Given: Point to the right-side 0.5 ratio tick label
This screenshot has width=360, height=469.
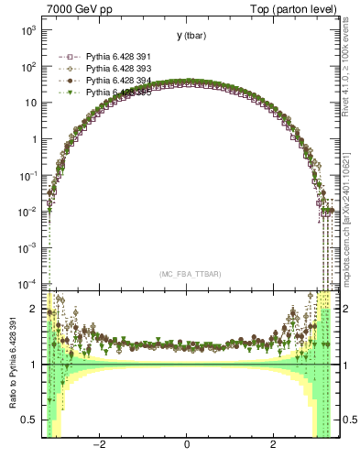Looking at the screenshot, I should tap(344, 420).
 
